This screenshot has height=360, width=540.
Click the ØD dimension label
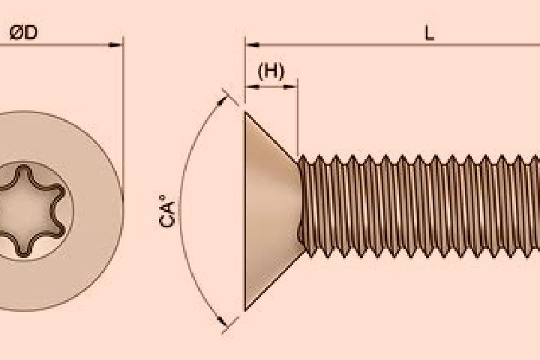[23, 33]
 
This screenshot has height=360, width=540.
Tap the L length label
[429, 34]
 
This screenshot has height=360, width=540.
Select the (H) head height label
[271, 71]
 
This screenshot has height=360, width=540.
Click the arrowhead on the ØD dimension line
[115, 45]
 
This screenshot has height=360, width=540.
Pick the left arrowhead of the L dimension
[253, 45]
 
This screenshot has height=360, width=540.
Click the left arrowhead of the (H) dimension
[252, 87]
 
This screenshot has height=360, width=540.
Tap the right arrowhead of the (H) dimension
[291, 87]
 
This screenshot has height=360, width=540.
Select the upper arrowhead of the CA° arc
[222, 100]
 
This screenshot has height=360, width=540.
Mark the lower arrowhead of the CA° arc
[222, 321]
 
